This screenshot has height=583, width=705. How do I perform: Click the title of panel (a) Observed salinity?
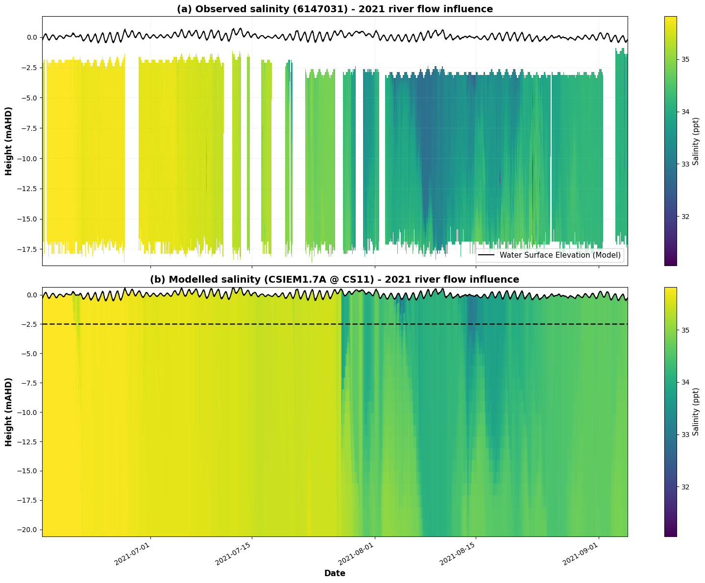[x=335, y=9]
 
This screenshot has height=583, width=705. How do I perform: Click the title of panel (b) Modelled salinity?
[x=335, y=279]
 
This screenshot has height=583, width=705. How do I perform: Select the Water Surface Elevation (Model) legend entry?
[x=550, y=255]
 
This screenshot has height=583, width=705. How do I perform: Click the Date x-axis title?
[x=335, y=573]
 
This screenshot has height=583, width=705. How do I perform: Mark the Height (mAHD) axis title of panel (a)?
[x=9, y=141]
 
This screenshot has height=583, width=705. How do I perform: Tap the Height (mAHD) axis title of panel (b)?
[x=9, y=412]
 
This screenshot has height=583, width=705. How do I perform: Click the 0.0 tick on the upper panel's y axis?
[x=31, y=37]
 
